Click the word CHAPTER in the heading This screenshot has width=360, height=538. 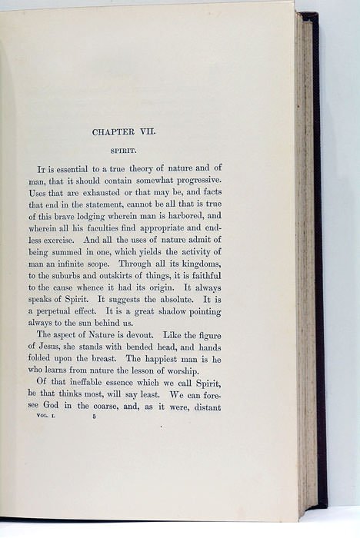(115, 131)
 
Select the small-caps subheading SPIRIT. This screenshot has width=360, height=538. (124, 151)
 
